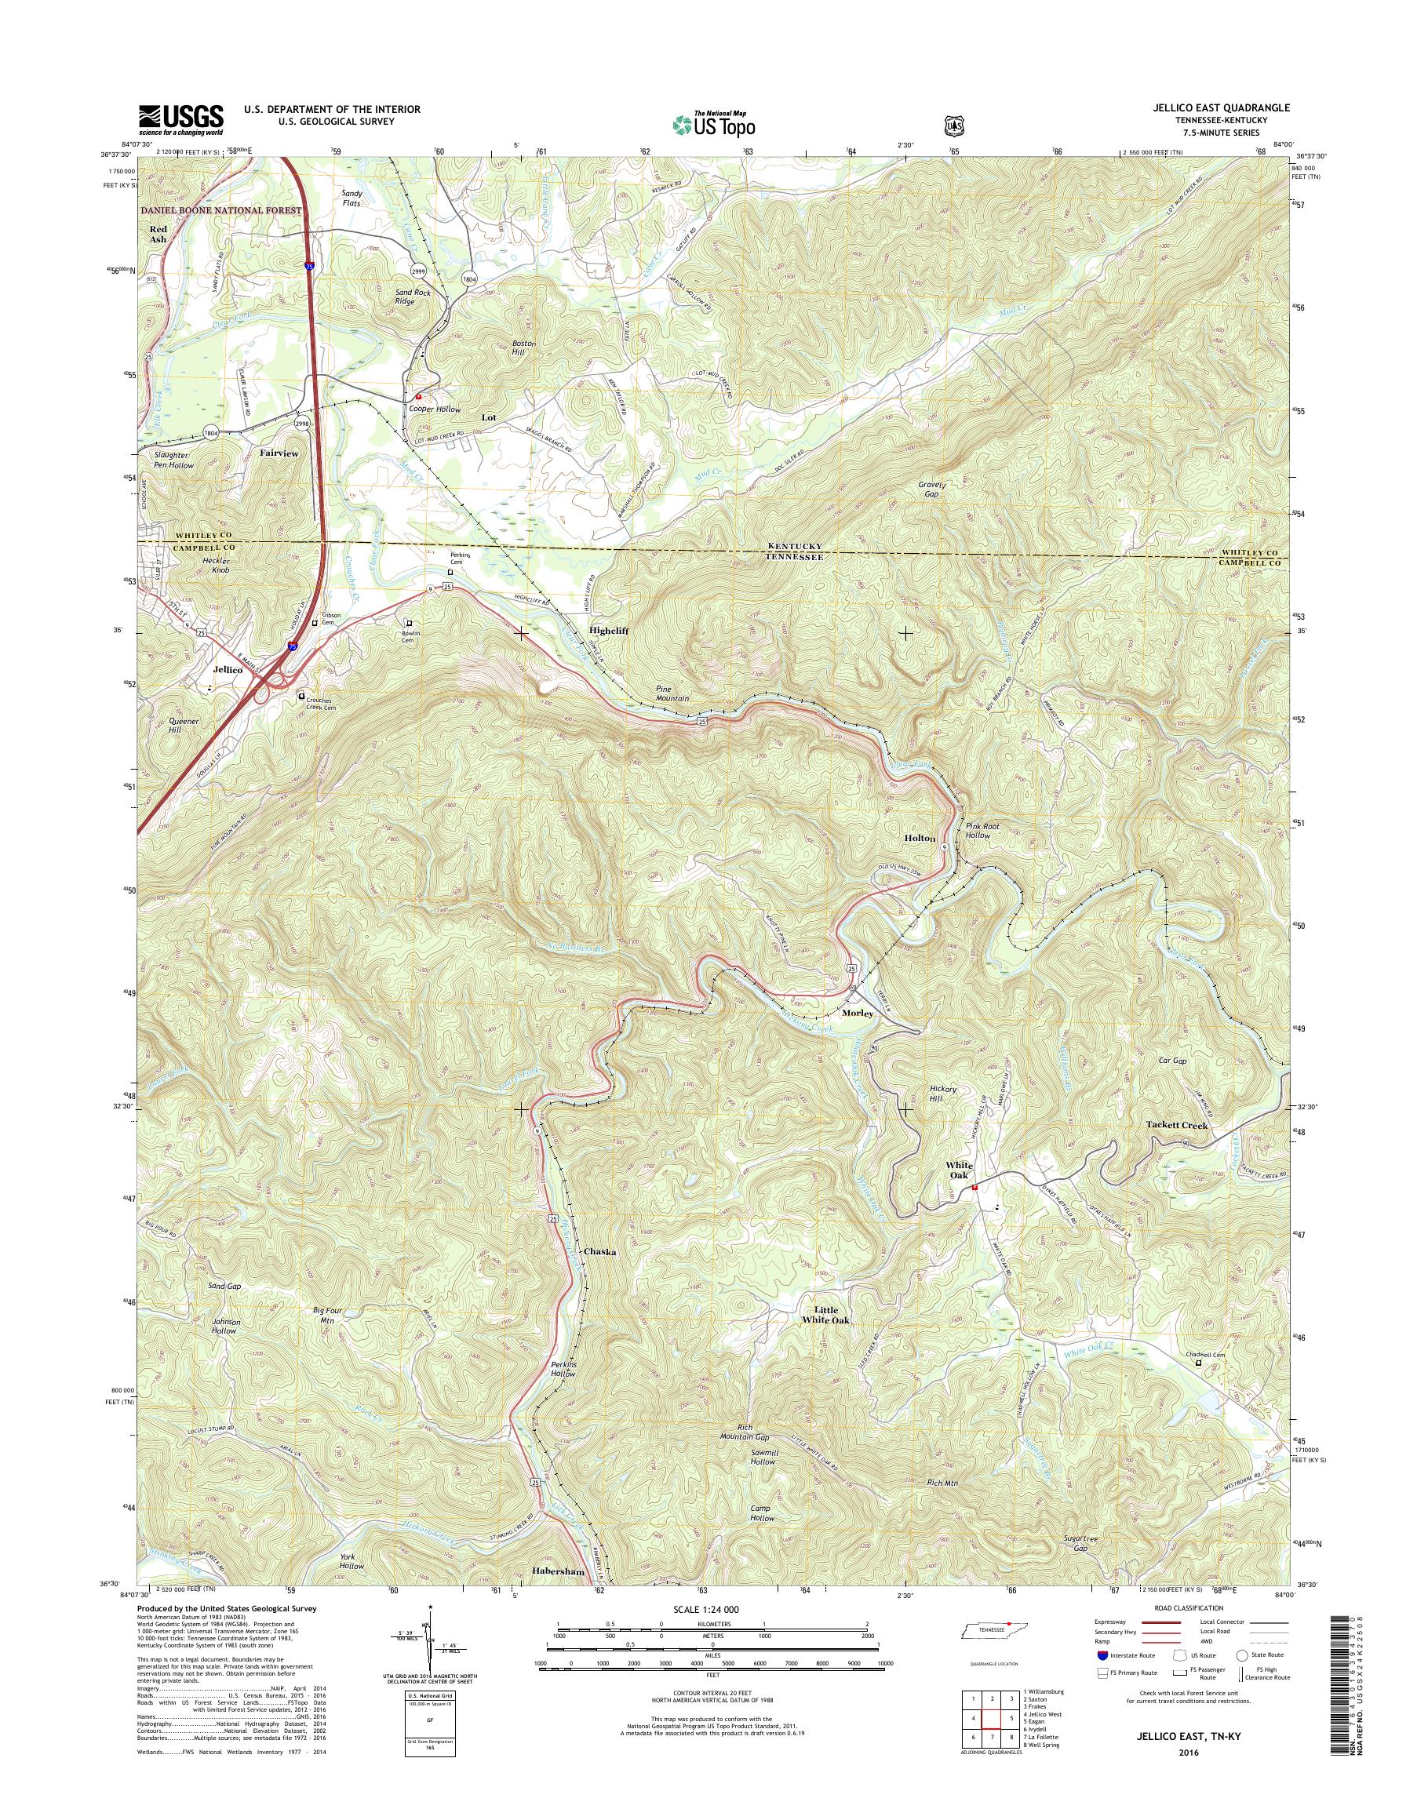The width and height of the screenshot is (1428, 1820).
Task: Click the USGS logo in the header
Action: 181,119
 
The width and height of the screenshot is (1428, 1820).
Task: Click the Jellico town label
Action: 228,670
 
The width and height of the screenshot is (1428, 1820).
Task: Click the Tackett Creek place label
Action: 1176,1125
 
